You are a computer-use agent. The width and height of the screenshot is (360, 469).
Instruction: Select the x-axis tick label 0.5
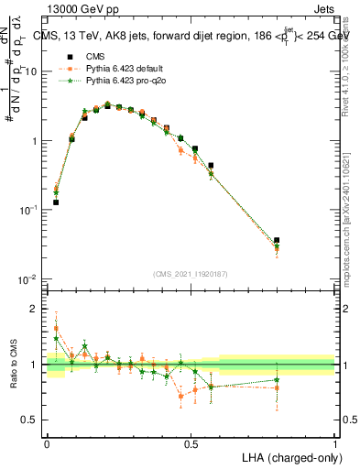[x=191, y=443]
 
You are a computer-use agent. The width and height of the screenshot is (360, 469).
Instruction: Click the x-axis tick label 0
[x=47, y=443]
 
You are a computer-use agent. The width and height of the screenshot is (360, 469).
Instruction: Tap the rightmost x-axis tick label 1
[x=335, y=443]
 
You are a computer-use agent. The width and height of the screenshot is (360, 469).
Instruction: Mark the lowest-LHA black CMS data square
[x=56, y=202]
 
